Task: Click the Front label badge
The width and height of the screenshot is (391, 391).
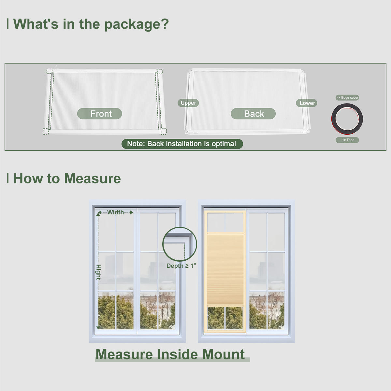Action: coord(99,114)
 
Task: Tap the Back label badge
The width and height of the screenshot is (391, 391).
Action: coord(253,114)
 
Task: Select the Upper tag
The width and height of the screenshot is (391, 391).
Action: coord(188,103)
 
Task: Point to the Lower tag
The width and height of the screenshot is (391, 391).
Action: coord(307,103)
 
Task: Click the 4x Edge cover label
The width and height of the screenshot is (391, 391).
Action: coord(347,98)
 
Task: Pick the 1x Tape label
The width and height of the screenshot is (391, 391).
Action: coord(347,140)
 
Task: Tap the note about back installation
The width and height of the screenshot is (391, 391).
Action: coord(182,144)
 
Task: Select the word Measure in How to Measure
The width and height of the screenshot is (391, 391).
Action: coord(93,179)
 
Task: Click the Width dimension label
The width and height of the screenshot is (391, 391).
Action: coord(115,212)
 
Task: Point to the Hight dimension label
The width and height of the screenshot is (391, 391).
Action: coord(98,272)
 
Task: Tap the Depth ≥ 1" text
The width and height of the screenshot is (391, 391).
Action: coord(181,266)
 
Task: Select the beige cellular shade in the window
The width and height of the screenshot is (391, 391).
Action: coord(225,269)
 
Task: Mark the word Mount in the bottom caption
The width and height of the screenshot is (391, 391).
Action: coord(224,354)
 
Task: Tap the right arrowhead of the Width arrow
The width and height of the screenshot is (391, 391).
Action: coord(132,212)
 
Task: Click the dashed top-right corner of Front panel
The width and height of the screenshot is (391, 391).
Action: coord(159,72)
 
